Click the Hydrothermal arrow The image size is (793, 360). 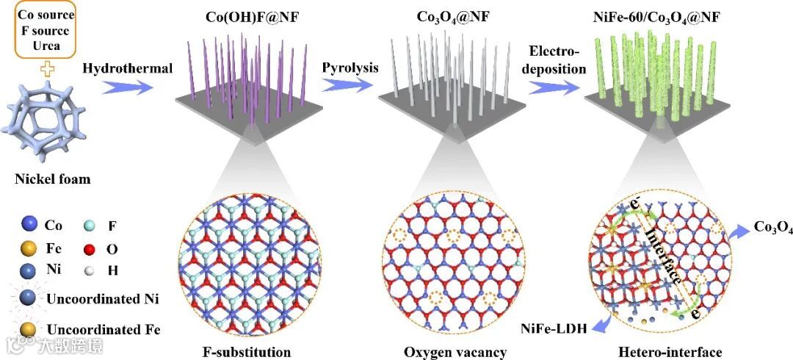click(131, 87)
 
